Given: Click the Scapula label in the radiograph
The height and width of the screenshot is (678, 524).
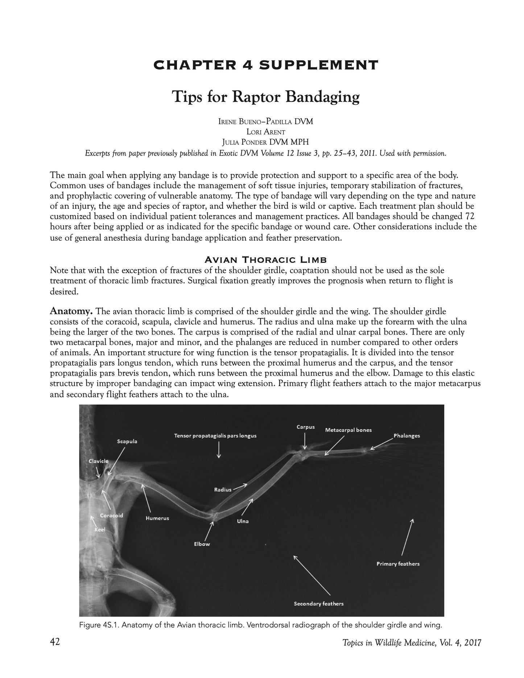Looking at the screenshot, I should click(127, 441).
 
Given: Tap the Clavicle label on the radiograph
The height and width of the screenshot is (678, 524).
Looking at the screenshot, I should click(99, 461).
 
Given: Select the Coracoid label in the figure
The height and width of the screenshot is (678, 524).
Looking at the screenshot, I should click(111, 515).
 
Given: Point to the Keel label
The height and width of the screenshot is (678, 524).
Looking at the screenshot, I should click(100, 529).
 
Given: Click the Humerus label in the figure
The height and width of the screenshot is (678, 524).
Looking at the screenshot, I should click(157, 518).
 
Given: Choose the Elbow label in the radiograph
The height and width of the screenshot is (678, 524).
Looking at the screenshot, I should click(202, 544).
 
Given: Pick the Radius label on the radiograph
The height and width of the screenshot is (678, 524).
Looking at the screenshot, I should click(223, 489).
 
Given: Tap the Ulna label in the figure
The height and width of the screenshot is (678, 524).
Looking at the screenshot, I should click(243, 521).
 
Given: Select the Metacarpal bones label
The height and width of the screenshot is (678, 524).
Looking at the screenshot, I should click(348, 430).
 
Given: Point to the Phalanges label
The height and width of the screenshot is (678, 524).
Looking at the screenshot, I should click(407, 435).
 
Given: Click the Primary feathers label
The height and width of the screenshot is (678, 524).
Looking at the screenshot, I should click(398, 564).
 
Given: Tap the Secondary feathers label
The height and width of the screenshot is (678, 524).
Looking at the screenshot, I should click(318, 604).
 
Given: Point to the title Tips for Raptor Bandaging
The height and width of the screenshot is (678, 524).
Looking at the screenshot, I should click(265, 97).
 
